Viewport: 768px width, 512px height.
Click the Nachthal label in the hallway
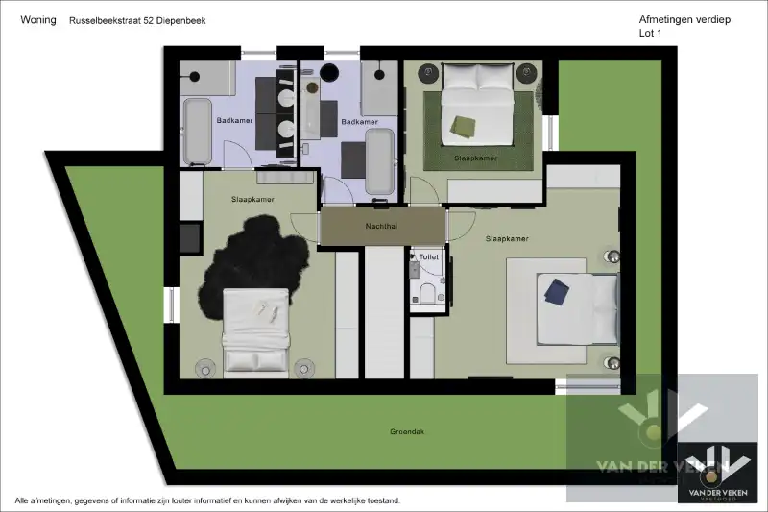click(x=383, y=227)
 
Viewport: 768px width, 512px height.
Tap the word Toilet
click(x=428, y=257)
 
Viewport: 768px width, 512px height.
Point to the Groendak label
click(x=407, y=432)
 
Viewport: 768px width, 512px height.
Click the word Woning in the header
click(x=38, y=19)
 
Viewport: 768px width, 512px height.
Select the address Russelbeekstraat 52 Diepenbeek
click(x=136, y=20)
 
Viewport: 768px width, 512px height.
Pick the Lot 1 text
click(x=651, y=33)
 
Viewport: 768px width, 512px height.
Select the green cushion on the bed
click(x=465, y=125)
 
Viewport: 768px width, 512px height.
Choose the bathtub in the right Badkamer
click(x=379, y=160)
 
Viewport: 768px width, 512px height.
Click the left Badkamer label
click(x=235, y=121)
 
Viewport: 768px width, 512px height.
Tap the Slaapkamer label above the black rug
click(x=252, y=200)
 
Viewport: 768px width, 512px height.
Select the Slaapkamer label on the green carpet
click(x=475, y=157)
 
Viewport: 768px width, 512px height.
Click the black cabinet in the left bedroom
click(x=189, y=236)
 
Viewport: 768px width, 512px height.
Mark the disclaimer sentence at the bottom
click(x=207, y=500)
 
